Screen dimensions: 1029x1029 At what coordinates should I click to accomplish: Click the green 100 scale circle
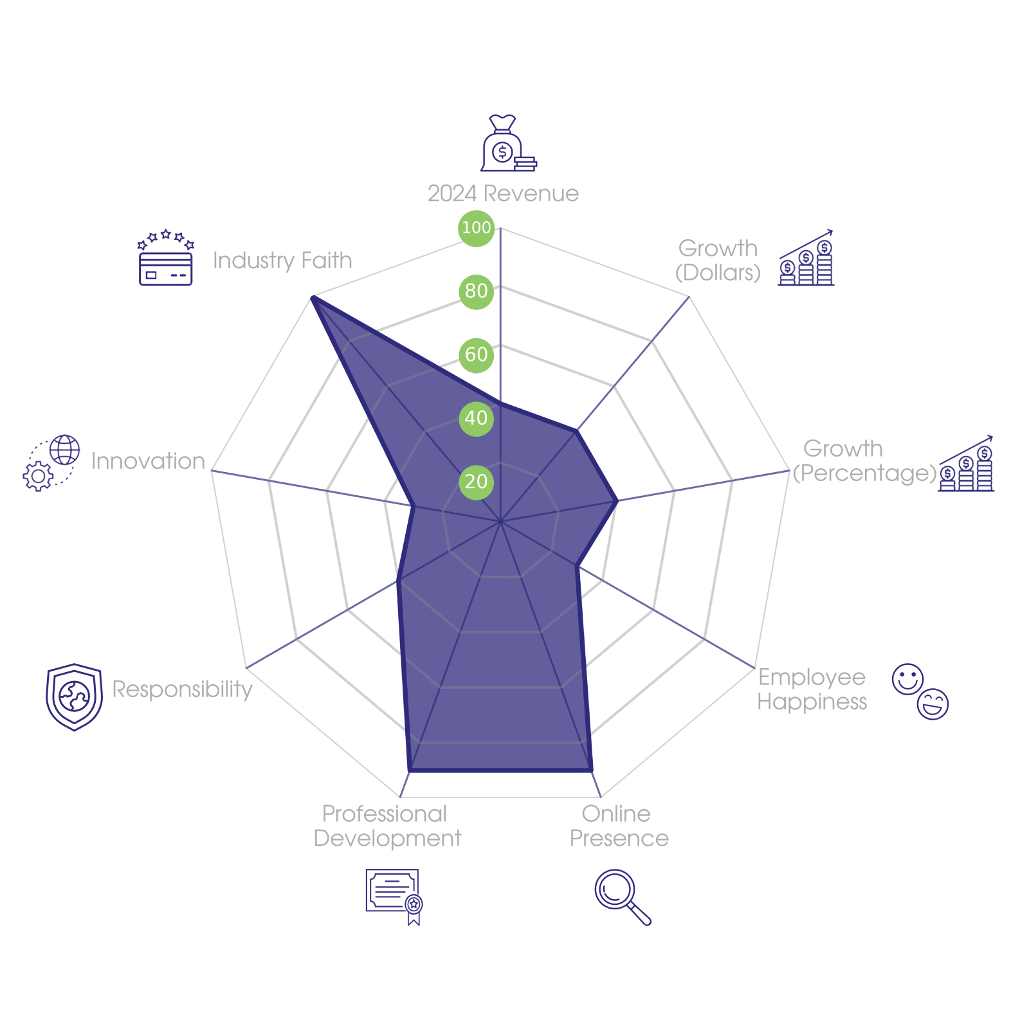(476, 228)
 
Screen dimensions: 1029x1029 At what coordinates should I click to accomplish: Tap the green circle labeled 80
(476, 291)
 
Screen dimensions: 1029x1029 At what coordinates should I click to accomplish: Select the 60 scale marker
(476, 354)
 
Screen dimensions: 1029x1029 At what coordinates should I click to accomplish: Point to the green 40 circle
(476, 418)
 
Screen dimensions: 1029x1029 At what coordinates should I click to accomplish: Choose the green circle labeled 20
(476, 482)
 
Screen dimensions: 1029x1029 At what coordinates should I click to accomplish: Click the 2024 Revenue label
(503, 194)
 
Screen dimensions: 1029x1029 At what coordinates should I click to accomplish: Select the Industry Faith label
(282, 260)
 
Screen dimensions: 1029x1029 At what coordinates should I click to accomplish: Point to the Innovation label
(148, 461)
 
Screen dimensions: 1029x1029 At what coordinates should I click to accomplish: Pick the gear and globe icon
(51, 462)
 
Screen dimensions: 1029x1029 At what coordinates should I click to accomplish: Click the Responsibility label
(183, 689)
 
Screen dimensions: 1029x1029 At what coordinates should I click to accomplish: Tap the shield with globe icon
(74, 697)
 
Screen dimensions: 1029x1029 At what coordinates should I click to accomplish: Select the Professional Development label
(387, 826)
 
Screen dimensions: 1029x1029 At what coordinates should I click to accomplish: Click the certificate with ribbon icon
(394, 896)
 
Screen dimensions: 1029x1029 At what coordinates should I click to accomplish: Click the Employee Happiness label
(812, 689)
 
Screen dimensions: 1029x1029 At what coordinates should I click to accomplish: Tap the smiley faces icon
(920, 691)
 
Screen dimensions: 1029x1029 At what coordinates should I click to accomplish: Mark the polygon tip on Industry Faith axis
(312, 296)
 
